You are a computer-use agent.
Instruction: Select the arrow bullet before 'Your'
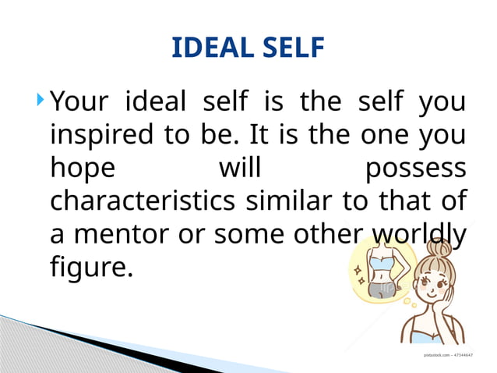(x=41, y=99)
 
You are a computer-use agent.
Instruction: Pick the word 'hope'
(x=83, y=169)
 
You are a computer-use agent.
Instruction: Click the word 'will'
(x=241, y=168)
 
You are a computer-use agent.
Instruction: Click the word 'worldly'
(x=421, y=235)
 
